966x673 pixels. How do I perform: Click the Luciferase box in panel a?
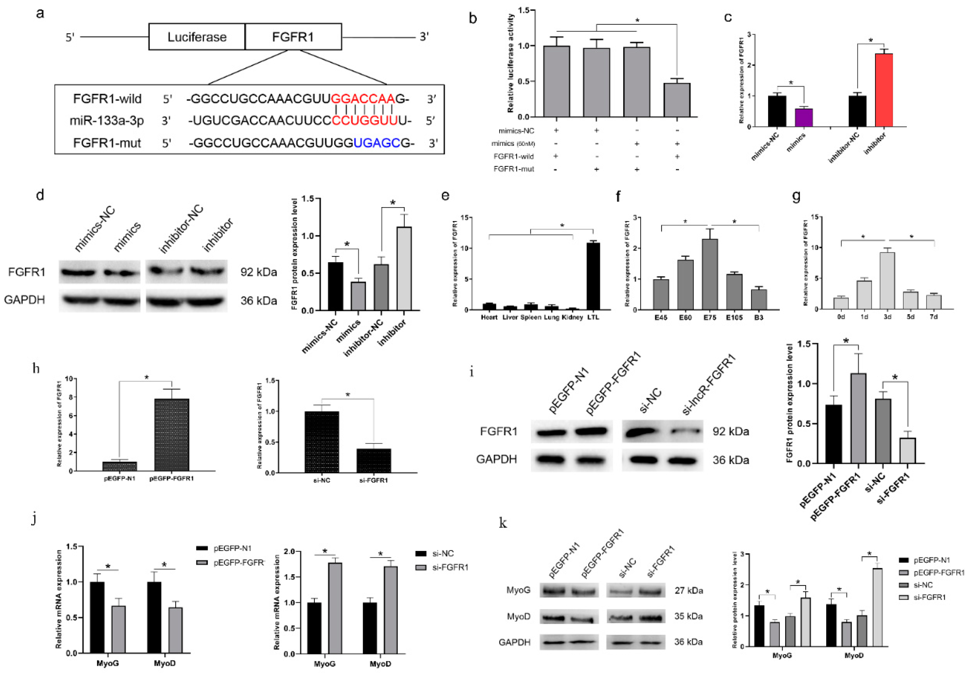(x=197, y=37)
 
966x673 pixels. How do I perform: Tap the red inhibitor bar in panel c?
(x=884, y=90)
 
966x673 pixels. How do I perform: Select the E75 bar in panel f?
(x=710, y=274)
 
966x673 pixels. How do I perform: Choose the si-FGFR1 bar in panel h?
(x=374, y=460)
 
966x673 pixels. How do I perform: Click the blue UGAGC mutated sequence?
(x=377, y=143)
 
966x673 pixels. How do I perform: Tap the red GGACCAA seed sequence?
(x=363, y=99)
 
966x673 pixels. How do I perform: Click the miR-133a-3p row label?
(x=106, y=121)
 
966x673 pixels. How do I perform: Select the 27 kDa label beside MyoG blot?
(x=689, y=591)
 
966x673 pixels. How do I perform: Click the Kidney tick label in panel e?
(x=572, y=317)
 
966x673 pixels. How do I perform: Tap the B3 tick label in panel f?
(x=759, y=318)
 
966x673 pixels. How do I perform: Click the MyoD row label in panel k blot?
(x=518, y=617)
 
